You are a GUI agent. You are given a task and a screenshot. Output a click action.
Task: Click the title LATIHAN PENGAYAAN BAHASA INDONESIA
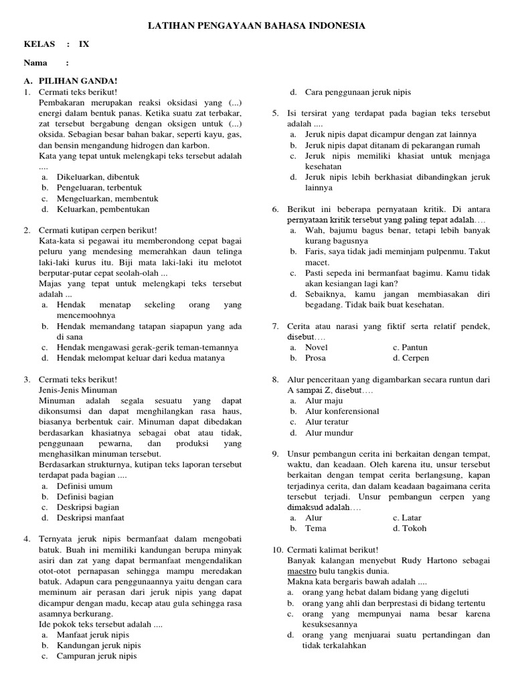256,25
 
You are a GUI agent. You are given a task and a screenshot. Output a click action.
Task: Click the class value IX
84,44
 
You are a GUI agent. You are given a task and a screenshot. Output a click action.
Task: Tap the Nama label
35,63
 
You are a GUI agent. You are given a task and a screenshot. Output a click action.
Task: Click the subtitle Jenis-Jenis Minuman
78,389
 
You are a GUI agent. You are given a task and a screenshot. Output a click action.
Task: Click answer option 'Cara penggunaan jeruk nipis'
358,92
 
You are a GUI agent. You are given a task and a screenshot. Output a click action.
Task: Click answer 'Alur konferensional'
341,411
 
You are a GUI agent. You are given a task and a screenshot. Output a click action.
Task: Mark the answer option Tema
315,528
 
